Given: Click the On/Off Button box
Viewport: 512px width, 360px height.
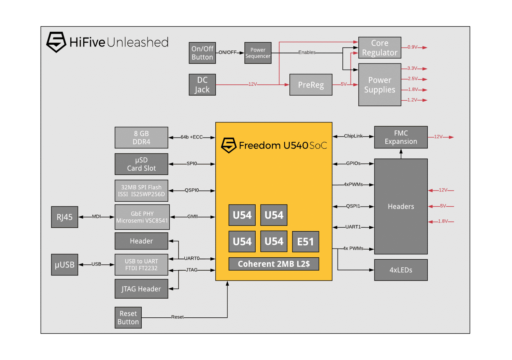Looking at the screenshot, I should pyautogui.click(x=202, y=53).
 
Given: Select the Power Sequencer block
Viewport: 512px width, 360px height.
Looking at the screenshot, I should pyautogui.click(x=258, y=53).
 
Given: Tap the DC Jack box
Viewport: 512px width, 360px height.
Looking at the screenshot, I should pyautogui.click(x=202, y=85).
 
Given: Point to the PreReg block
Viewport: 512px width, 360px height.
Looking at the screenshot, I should pyautogui.click(x=311, y=85).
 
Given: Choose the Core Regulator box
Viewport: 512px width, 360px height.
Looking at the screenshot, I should pyautogui.click(x=380, y=48).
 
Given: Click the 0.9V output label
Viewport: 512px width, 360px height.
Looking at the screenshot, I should pyautogui.click(x=412, y=47).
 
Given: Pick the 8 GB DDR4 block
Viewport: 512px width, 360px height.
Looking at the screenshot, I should pyautogui.click(x=141, y=138).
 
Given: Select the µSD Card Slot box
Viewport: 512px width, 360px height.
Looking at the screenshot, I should pyautogui.click(x=141, y=164).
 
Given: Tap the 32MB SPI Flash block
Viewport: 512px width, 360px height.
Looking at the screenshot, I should pyautogui.click(x=141, y=191).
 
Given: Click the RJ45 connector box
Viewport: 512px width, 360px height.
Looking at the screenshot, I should pyautogui.click(x=65, y=217).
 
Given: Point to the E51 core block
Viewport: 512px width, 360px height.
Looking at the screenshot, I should pyautogui.click(x=305, y=242).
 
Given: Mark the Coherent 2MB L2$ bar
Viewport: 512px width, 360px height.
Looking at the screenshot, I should pyautogui.click(x=274, y=264).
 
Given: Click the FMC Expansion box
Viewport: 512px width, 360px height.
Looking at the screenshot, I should pyautogui.click(x=401, y=137).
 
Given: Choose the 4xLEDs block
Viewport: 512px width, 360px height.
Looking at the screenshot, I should pyautogui.click(x=401, y=270).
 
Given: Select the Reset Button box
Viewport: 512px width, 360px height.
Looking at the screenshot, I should pyautogui.click(x=128, y=318).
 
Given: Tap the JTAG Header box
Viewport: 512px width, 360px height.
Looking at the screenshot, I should pyautogui.click(x=141, y=289).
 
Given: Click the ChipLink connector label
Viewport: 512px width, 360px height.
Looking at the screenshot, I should pyautogui.click(x=353, y=136).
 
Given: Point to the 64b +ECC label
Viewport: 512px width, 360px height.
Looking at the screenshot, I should pyautogui.click(x=191, y=137).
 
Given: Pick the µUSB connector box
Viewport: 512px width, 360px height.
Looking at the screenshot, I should pyautogui.click(x=65, y=264).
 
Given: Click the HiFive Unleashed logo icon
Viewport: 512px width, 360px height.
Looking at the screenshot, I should pyautogui.click(x=56, y=42).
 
